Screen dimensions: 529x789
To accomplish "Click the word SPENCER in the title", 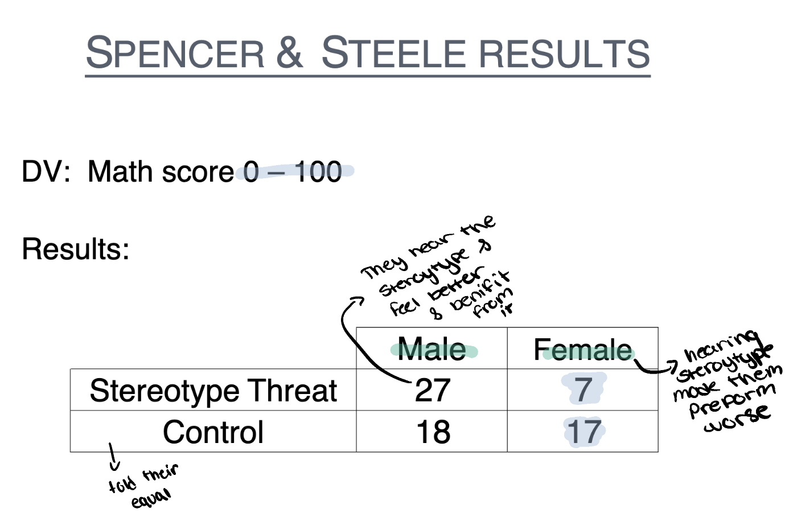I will point(175,53).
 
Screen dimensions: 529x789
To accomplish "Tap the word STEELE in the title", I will point(393,53).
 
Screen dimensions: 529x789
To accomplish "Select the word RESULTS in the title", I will point(564,53).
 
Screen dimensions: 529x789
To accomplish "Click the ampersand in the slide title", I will point(290,52).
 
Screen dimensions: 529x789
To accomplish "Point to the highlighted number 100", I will point(318,171).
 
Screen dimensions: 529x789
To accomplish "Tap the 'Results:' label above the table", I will point(76,249).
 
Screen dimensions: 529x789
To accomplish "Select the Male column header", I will point(432,349).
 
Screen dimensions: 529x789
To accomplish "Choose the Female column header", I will point(582,350).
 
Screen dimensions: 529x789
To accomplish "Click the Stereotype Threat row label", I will point(213,391).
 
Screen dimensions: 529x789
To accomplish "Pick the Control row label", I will point(213,432).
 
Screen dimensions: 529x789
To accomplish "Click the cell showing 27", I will point(433,391).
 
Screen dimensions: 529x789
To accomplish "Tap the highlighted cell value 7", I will point(583,390).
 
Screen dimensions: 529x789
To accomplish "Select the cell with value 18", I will point(433,432).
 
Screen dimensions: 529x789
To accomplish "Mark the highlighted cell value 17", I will point(583,432).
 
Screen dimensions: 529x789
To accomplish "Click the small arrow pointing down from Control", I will point(113,458).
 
